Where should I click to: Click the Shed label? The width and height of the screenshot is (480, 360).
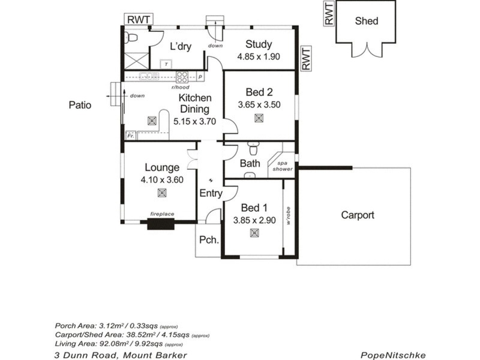(367, 21)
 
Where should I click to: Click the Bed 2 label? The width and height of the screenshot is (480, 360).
(259, 92)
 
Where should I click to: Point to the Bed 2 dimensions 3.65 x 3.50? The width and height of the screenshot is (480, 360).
(259, 104)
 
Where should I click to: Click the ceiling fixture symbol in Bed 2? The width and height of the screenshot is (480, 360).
(259, 118)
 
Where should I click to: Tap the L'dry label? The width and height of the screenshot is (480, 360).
(180, 46)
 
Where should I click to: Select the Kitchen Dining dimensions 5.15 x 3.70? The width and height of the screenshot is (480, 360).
(199, 121)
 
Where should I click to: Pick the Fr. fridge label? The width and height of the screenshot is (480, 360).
(130, 136)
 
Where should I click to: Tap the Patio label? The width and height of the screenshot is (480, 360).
(79, 105)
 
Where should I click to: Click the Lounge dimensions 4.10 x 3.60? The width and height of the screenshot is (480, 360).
(161, 179)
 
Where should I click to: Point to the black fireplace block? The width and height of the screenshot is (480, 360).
(161, 225)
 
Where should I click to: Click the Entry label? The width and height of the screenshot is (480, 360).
(211, 193)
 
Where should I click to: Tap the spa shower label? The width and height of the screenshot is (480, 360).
(283, 166)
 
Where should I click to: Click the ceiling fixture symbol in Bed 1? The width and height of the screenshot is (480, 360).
(254, 234)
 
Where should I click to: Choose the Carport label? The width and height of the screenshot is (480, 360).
(358, 215)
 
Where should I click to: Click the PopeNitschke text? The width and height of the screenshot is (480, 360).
(393, 355)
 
